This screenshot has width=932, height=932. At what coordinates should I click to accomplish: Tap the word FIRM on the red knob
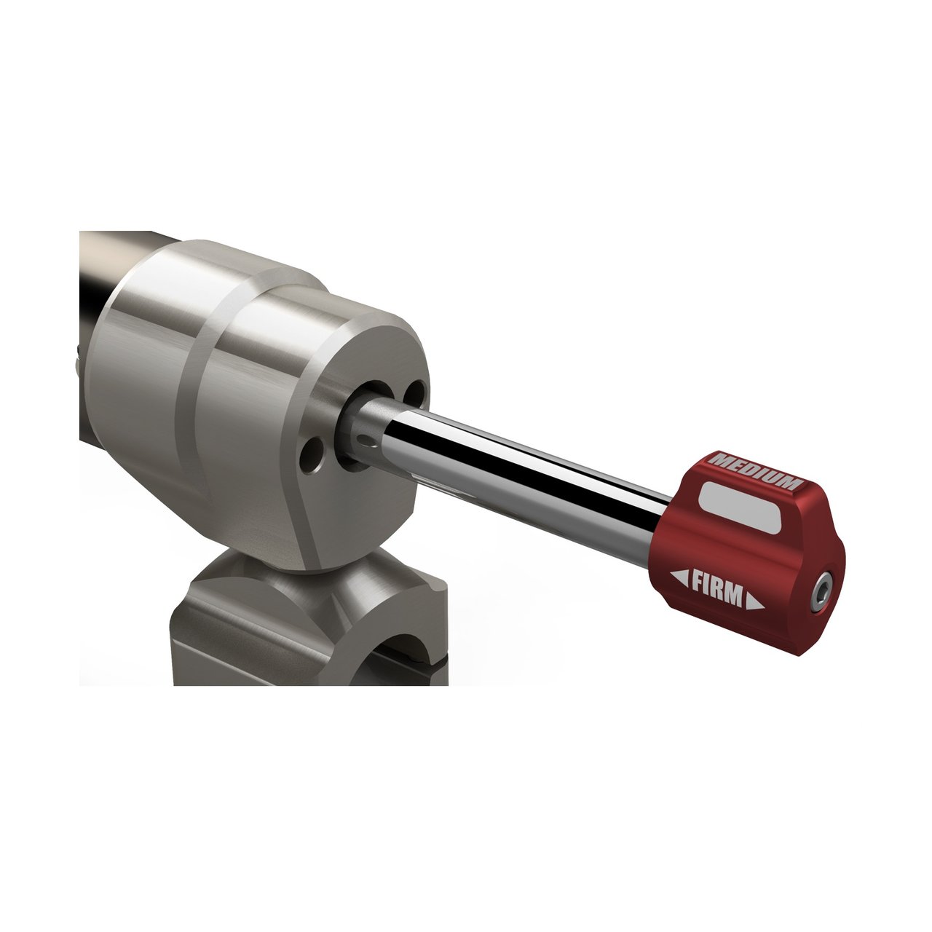pos(717,588)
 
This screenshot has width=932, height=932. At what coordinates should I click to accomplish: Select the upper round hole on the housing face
pos(417,391)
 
